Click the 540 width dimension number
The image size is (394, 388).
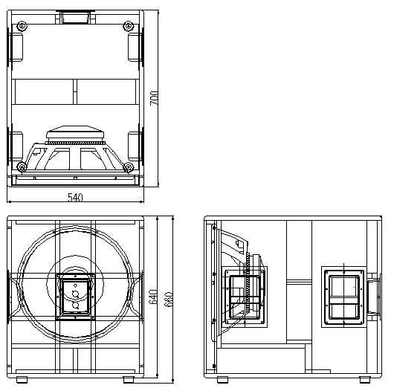tap(75, 198)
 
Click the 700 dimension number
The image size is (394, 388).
tap(155, 98)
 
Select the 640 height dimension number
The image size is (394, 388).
tap(154, 297)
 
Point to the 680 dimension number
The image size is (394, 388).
tap(168, 300)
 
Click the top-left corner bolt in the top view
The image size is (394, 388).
tap(22, 26)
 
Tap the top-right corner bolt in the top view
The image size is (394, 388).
tap(128, 26)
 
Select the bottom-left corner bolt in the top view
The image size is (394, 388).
tap(22, 166)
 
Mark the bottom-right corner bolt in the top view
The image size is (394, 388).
tap(129, 166)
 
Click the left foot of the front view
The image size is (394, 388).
tap(22, 380)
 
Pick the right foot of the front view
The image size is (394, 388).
tap(129, 380)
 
